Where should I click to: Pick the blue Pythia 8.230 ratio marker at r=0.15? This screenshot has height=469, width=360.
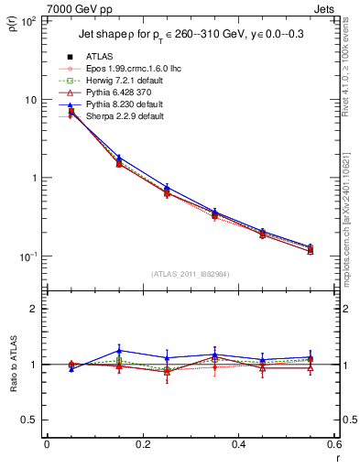[x=119, y=350]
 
